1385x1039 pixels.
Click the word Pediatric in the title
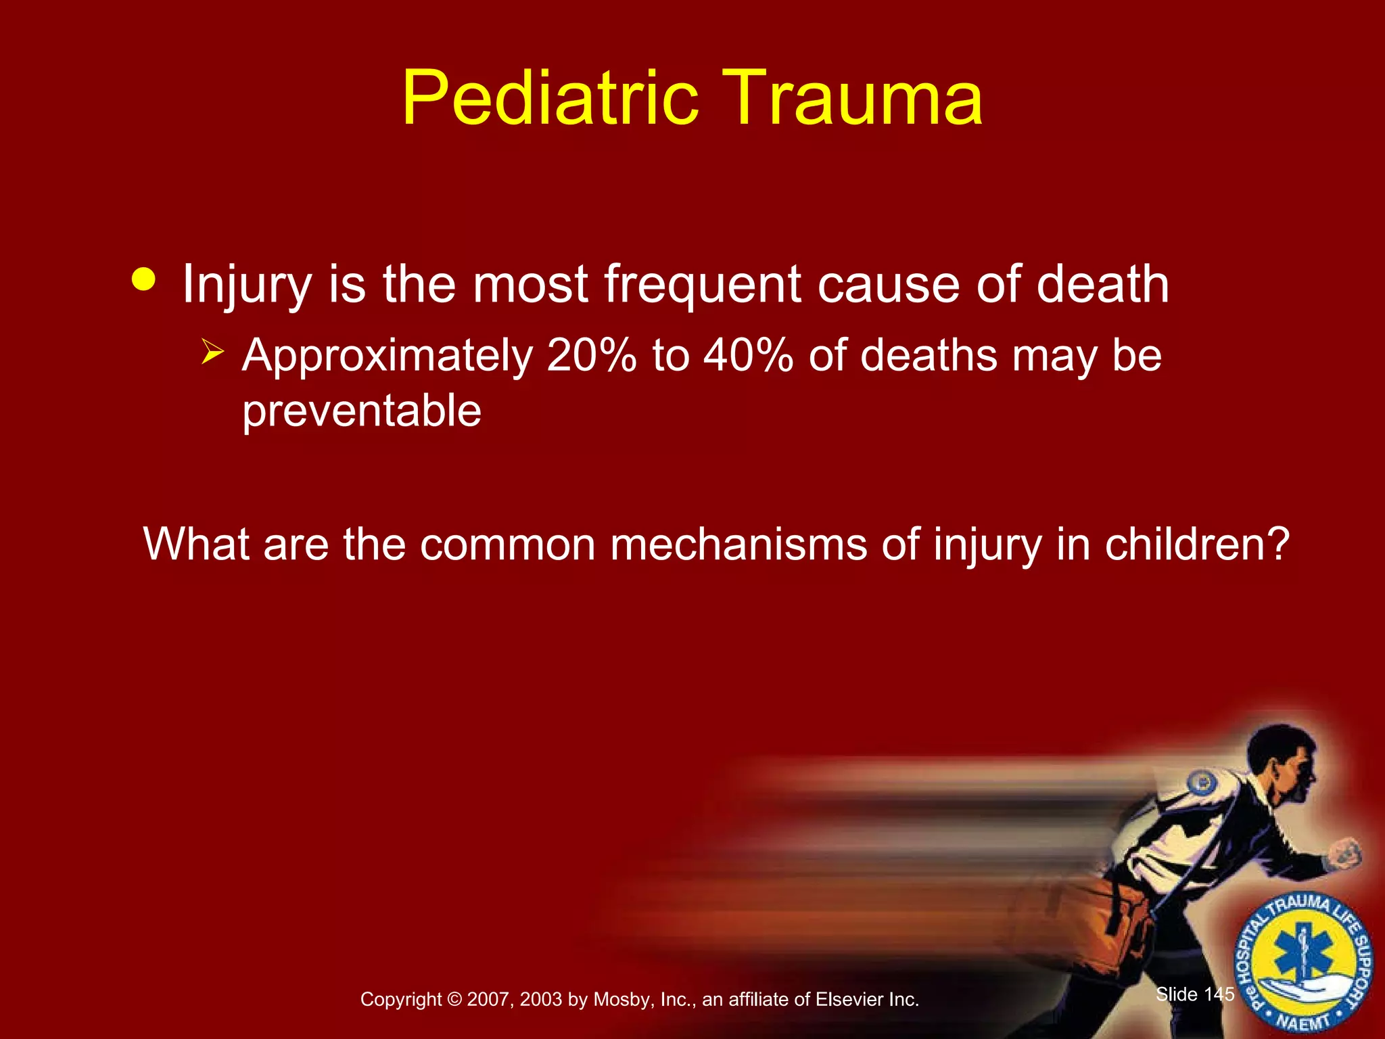pos(549,98)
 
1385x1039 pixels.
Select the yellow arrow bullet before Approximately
pos(212,352)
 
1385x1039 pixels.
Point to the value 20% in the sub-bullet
pos(592,355)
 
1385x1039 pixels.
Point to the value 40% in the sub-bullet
pos(748,355)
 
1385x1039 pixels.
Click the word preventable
pos(362,411)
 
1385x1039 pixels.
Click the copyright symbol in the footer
pos(454,1000)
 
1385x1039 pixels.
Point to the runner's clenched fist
pos(1344,854)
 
